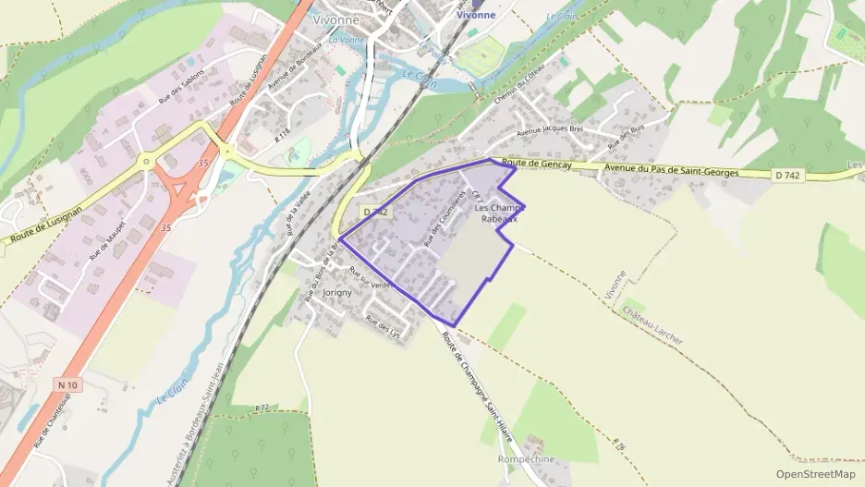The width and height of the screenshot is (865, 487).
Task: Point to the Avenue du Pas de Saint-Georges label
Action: tap(672, 170)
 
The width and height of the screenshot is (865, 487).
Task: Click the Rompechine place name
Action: tap(526, 459)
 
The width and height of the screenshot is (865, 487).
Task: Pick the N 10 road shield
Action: tap(66, 384)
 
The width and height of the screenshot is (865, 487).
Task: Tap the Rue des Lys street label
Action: tap(382, 325)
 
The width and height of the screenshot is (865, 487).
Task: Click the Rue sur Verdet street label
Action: tap(371, 278)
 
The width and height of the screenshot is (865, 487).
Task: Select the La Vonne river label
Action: tap(347, 40)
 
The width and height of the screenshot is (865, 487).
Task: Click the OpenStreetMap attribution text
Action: tap(815, 474)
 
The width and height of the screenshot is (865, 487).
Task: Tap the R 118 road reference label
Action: tap(283, 134)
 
